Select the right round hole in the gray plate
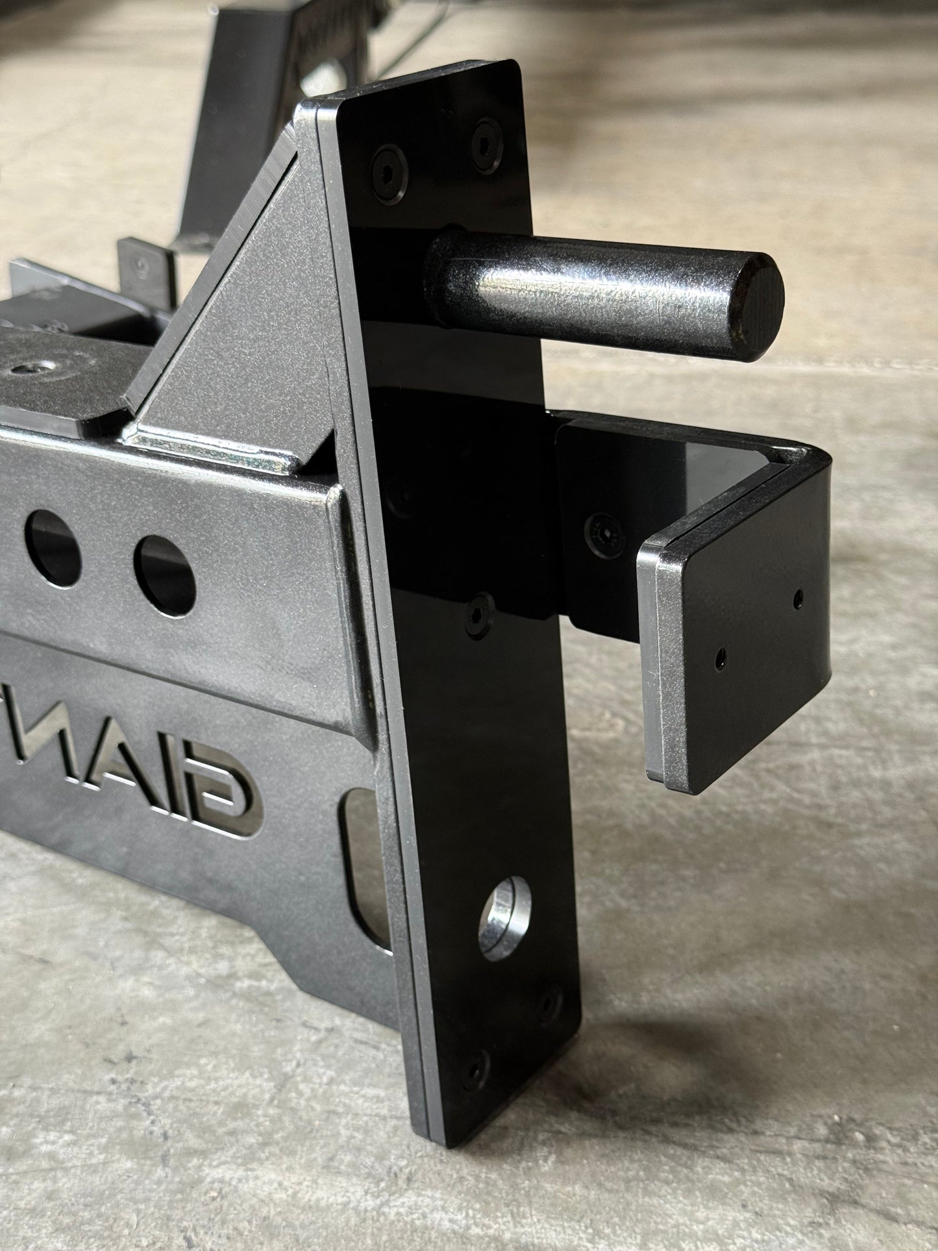click(164, 574)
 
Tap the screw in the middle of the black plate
click(480, 610)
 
